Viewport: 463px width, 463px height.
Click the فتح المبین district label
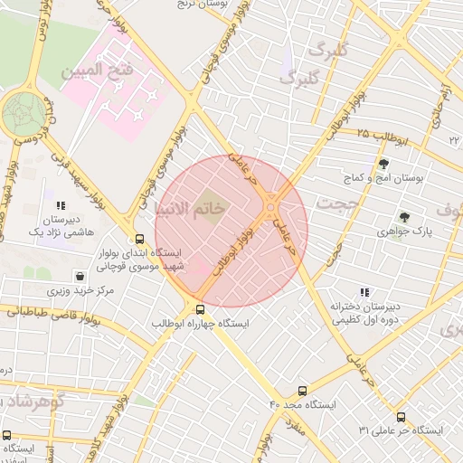[97, 69]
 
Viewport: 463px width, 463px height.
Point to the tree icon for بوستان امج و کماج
[384, 164]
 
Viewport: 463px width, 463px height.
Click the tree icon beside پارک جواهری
[404, 217]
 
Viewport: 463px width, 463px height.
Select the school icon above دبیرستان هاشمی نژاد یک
[61, 205]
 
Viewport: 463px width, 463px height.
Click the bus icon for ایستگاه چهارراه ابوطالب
[200, 308]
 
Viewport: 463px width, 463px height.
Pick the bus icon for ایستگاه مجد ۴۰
[302, 392]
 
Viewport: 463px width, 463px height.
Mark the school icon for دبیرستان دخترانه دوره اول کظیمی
[364, 292]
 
